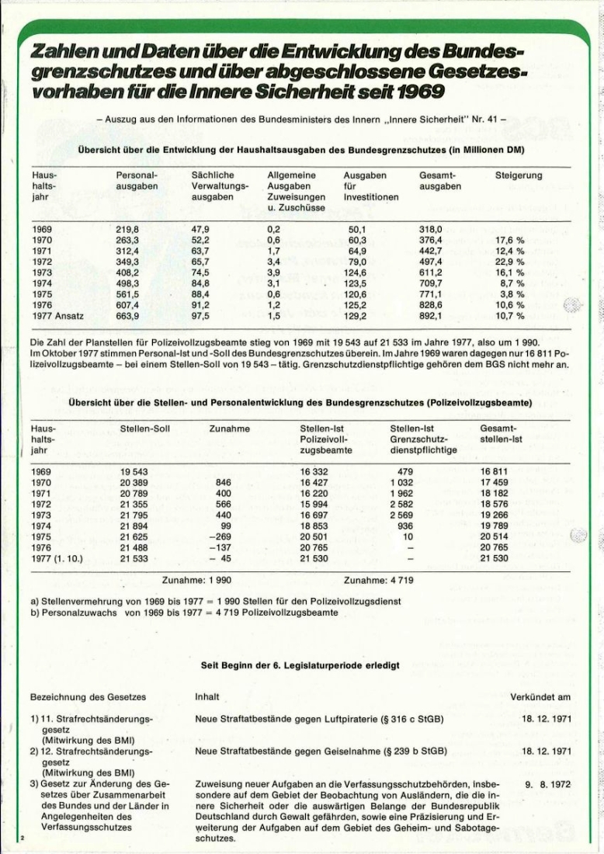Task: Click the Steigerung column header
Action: pos(519,176)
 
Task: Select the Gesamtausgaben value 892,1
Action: pos(431,316)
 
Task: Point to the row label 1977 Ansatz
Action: pos(58,316)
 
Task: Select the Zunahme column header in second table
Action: pos(229,429)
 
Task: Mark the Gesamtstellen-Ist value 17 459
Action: pos(495,482)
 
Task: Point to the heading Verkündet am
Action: pos(541,696)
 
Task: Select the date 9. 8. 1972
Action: pos(548,785)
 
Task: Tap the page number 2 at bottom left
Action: pos(23,838)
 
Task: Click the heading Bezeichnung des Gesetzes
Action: pos(88,696)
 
